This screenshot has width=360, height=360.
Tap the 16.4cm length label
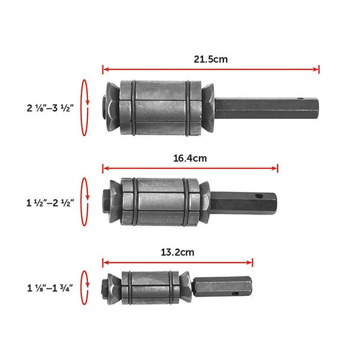point(190,156)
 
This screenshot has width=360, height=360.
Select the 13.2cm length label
point(176,252)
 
